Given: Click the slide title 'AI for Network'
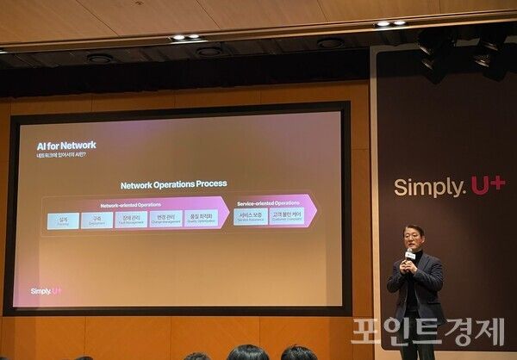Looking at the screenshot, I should tap(65, 145).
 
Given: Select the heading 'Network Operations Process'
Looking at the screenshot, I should tap(173, 183).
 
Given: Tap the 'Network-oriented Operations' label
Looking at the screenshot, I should tap(131, 204).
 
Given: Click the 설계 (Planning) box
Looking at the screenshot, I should tap(63, 220).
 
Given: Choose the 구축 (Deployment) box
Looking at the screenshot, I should tap(97, 220).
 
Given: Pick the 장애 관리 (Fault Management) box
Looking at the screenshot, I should tap(131, 220).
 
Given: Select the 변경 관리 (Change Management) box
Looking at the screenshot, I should tap(165, 220).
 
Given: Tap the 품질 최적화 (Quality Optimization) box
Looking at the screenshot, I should tap(200, 220).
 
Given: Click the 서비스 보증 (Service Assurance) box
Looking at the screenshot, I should tap(251, 217).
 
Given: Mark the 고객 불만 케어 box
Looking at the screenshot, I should tap(287, 217).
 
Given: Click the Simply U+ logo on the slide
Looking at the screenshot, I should tap(46, 291).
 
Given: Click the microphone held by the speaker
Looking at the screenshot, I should tap(411, 257).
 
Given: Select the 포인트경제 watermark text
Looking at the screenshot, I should tap(427, 332).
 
